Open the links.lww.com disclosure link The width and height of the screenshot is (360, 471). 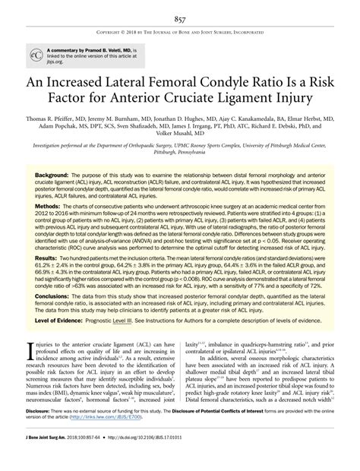[x=147, y=439]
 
